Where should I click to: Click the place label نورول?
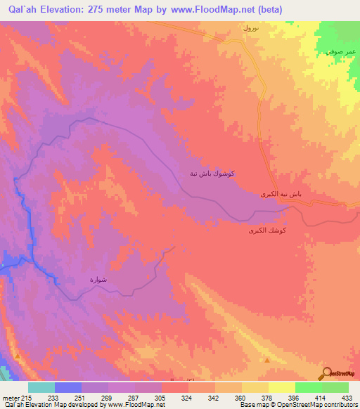250,29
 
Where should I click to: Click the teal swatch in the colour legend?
41,387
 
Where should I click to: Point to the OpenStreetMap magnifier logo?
328,374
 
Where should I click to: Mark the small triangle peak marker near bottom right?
268,360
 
